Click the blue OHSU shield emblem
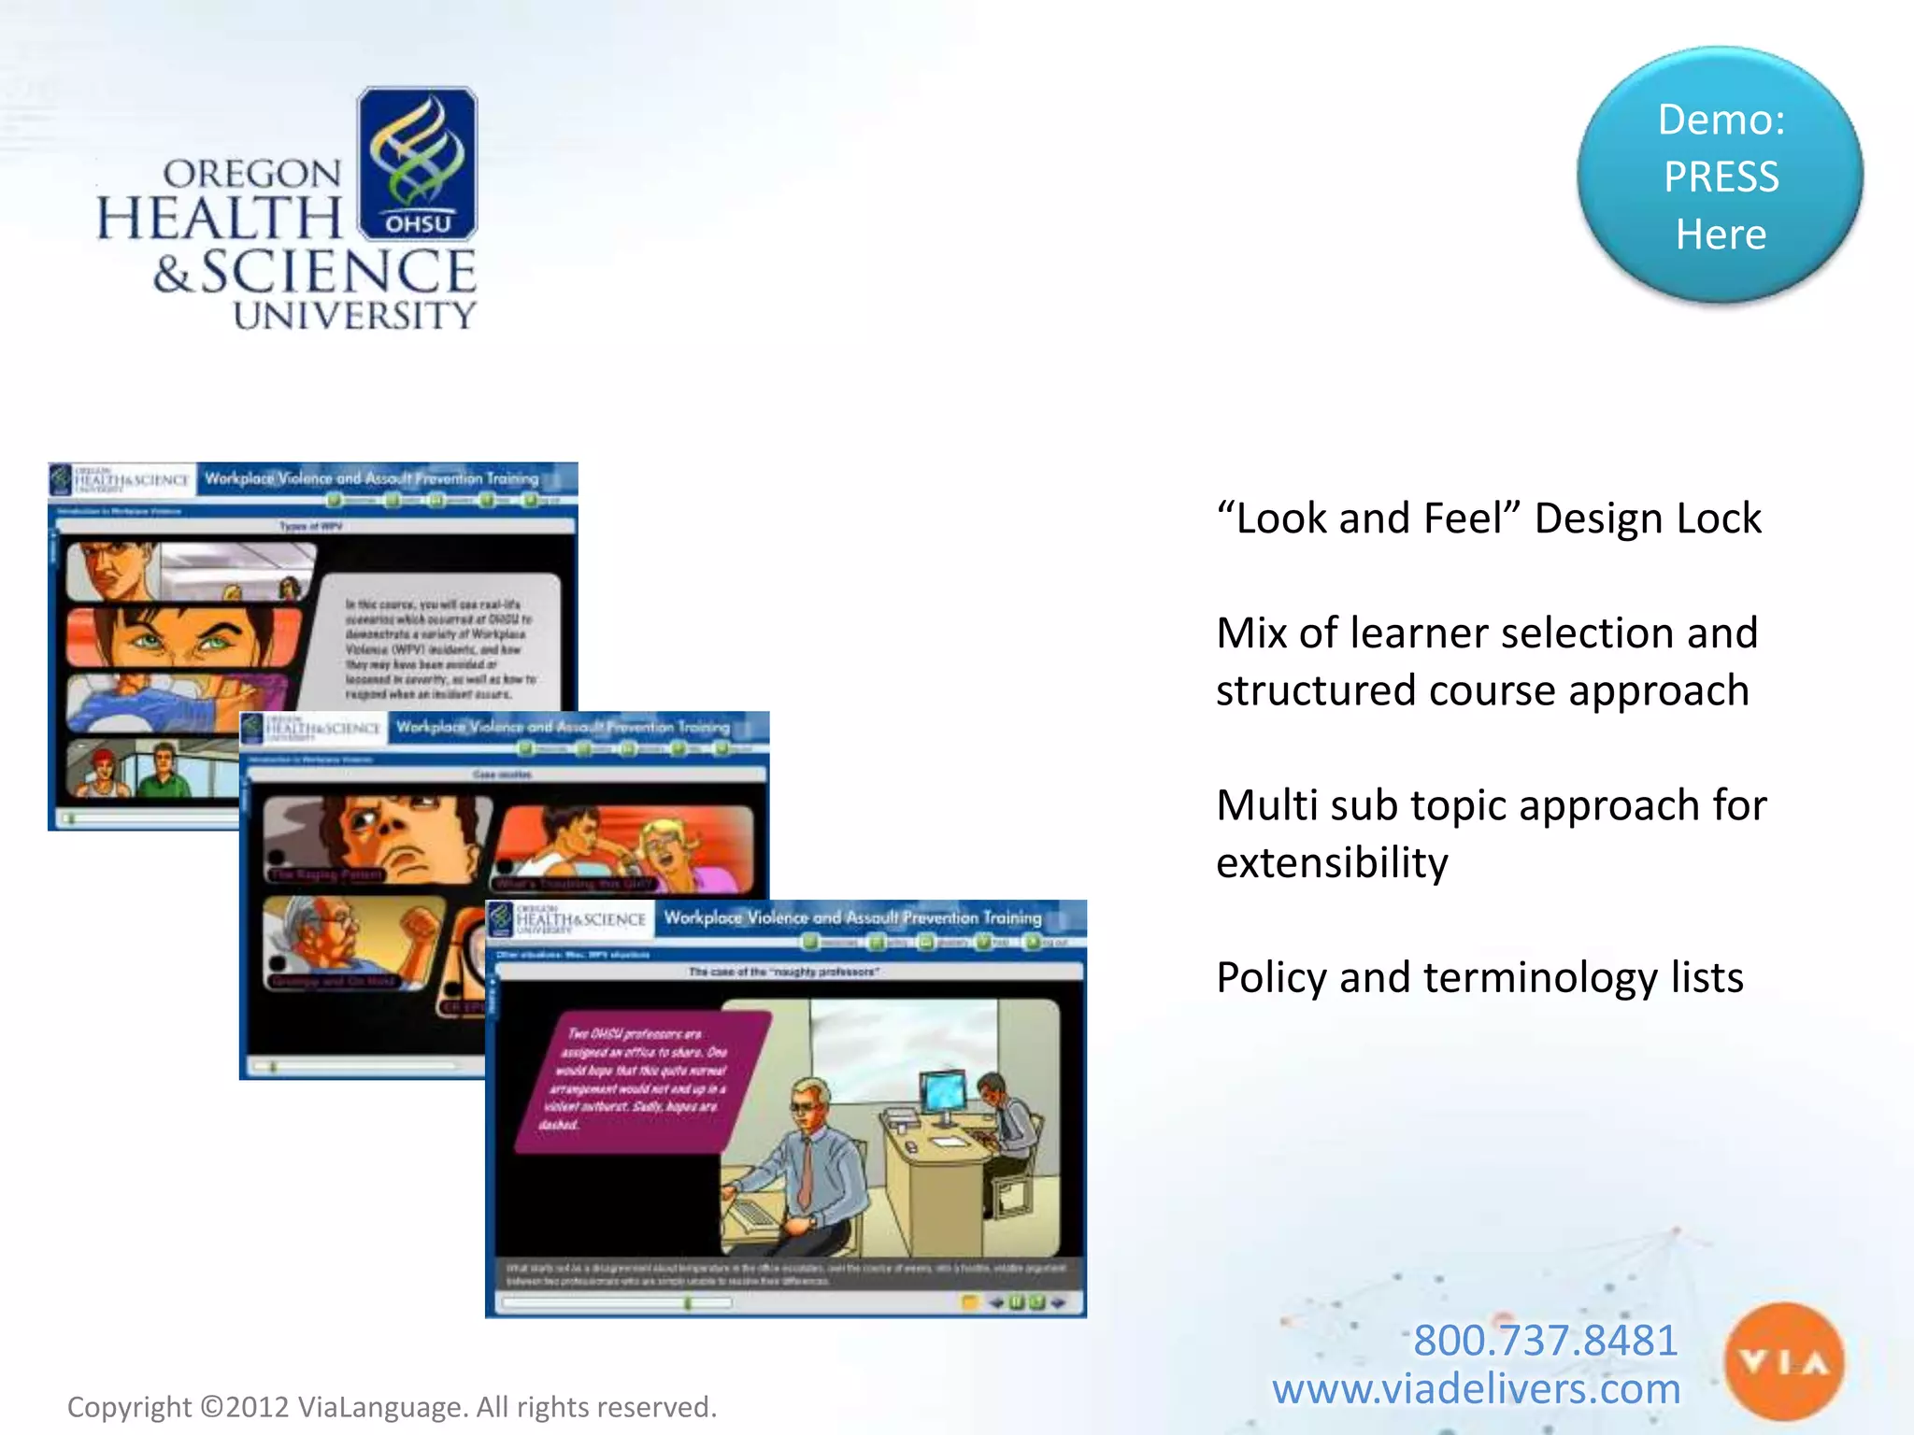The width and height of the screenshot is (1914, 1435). [x=417, y=163]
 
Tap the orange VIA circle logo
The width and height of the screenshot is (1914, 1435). [x=1783, y=1362]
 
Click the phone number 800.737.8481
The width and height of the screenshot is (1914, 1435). [x=1545, y=1340]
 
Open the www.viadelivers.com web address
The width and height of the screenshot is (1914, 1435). [x=1476, y=1389]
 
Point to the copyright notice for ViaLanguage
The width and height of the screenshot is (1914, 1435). [x=392, y=1407]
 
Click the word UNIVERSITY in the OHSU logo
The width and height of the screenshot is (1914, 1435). [x=354, y=316]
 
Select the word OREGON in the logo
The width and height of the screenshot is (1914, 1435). [x=252, y=174]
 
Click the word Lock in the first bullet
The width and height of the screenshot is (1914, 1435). [x=1719, y=519]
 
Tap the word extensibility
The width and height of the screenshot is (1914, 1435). [x=1332, y=862]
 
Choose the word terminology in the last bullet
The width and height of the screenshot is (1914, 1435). [x=1540, y=978]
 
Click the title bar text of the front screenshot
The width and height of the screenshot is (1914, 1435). [x=852, y=918]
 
